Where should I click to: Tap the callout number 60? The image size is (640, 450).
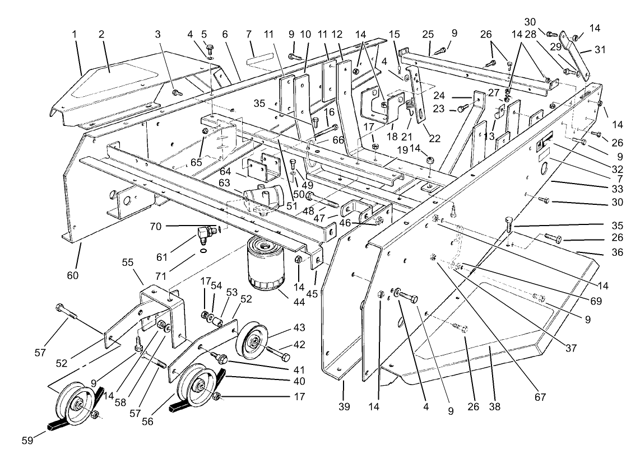[73, 275]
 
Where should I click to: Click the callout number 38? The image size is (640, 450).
[489, 407]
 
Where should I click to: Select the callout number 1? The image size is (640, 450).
[74, 34]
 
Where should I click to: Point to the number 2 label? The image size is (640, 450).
[101, 34]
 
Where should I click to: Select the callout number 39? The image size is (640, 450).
[344, 407]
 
